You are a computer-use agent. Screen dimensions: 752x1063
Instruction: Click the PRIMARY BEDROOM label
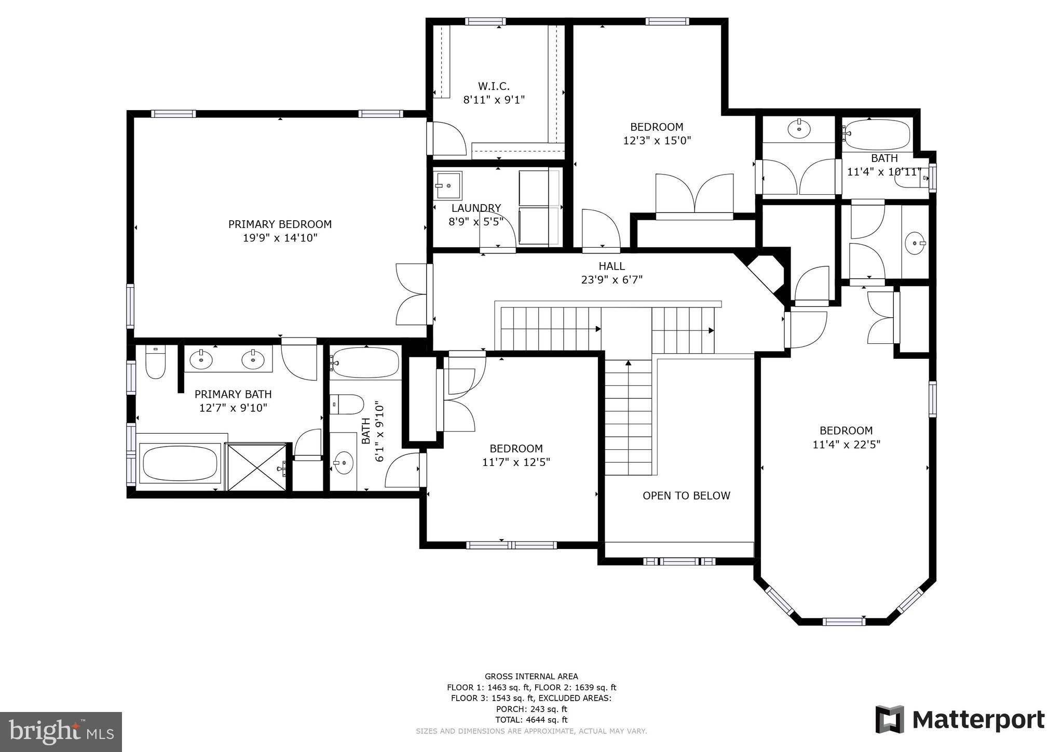click(280, 224)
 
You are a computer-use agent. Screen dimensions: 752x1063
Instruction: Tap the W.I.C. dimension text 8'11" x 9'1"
click(494, 100)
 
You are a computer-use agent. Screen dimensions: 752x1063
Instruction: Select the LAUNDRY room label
click(476, 208)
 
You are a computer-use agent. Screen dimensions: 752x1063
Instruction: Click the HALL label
click(611, 266)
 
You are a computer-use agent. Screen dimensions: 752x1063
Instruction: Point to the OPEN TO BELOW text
click(686, 496)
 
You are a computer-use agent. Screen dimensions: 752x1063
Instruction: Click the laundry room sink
click(447, 185)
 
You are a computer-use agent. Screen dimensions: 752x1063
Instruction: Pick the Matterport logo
click(960, 720)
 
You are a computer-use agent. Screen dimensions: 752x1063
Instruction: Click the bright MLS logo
click(61, 732)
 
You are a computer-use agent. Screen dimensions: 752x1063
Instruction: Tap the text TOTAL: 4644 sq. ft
click(531, 720)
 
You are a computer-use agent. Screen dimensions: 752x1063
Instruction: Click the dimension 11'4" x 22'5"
click(846, 445)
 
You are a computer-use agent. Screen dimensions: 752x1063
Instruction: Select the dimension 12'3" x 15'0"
click(657, 141)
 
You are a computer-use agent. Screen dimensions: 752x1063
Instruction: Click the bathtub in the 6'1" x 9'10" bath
click(365, 362)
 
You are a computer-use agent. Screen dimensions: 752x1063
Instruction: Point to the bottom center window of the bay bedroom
click(843, 622)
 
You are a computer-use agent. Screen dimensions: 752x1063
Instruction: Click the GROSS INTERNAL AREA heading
click(531, 676)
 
